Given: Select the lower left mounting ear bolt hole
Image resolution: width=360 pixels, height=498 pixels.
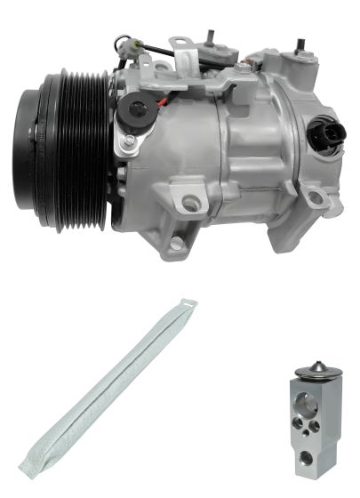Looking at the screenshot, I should pyautogui.click(x=189, y=205).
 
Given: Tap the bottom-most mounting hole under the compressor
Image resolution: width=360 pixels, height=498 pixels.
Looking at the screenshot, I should pyautogui.click(x=176, y=243).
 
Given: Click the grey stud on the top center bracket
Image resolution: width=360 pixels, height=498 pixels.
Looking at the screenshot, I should pyautogui.click(x=212, y=37).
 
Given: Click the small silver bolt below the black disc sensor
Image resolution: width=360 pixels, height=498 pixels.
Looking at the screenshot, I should pyautogui.click(x=130, y=141).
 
